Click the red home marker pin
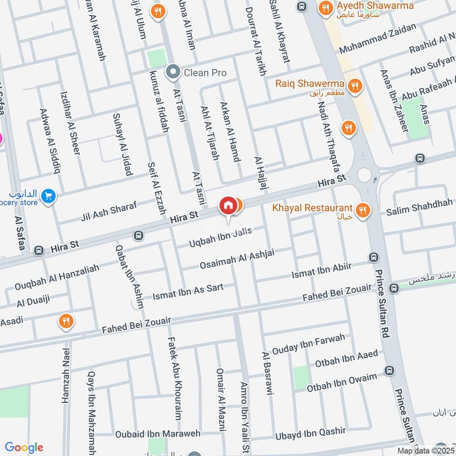coord(228,206)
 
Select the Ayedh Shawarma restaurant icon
coord(325,8)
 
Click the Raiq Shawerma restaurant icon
coord(356,86)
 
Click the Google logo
coord(24,447)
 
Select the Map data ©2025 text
coord(425,450)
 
